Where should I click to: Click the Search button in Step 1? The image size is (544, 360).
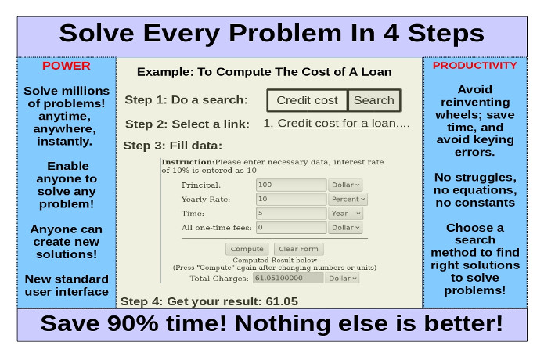(374, 100)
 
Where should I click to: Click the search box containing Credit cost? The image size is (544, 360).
(307, 100)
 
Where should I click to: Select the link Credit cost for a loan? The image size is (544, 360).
(336, 123)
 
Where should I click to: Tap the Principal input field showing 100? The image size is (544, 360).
(291, 185)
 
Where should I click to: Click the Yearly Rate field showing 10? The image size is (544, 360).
(291, 199)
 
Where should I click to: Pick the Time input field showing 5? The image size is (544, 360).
(291, 214)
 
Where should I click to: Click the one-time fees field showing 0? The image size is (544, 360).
(291, 228)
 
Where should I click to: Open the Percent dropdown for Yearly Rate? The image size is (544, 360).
(348, 199)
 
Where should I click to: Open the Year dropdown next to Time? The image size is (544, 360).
(345, 214)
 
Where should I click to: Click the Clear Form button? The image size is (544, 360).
(298, 249)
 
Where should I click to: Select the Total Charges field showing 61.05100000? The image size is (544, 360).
(288, 278)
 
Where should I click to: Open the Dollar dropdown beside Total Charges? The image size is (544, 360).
(342, 278)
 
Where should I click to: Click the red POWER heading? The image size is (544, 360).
(67, 66)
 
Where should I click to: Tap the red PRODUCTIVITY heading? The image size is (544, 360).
(474, 65)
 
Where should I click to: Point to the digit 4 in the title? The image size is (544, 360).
(391, 34)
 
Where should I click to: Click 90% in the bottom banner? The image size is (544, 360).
(133, 323)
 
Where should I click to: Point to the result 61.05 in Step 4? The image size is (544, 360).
(282, 301)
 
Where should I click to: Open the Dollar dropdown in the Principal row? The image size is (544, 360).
(345, 185)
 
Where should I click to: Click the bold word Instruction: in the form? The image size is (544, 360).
(188, 162)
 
